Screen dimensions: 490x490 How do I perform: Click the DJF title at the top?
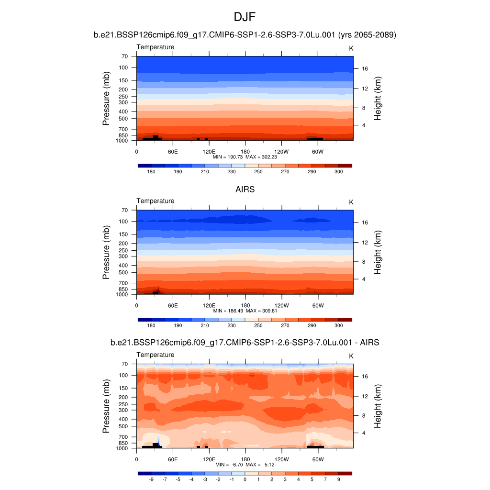(x=245, y=18)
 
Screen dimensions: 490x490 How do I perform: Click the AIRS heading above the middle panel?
(x=245, y=189)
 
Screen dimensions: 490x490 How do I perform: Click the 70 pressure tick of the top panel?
(x=124, y=56)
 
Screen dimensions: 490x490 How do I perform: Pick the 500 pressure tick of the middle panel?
(x=123, y=272)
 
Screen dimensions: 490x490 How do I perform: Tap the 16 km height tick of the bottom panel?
(x=365, y=377)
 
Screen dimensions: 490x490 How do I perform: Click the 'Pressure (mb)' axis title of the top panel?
(x=106, y=99)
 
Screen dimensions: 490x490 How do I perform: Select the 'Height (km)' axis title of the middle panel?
(x=378, y=252)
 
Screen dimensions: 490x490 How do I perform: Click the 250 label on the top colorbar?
(x=258, y=171)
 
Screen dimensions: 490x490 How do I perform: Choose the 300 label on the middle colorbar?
(x=339, y=325)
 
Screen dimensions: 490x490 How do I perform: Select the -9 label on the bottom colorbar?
(x=151, y=479)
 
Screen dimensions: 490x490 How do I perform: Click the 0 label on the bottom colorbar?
(x=245, y=479)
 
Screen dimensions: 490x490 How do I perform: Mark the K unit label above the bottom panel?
(x=351, y=356)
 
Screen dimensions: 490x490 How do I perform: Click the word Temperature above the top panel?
(x=156, y=47)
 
